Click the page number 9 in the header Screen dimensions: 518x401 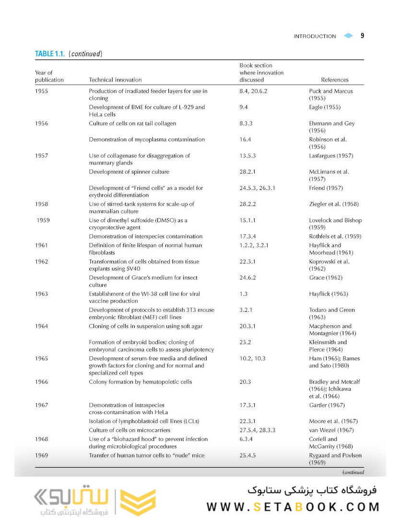point(362,35)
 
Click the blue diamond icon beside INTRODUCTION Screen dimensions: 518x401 point(348,36)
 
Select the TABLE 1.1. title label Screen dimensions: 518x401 point(50,54)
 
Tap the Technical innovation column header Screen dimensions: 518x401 point(115,80)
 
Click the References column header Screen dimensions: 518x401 point(335,80)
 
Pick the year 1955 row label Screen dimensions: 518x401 point(42,91)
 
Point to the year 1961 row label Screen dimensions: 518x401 point(42,246)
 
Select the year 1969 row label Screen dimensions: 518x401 point(42,455)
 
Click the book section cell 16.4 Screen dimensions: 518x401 point(246,140)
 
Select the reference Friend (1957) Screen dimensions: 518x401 point(326,188)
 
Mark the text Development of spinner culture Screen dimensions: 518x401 point(129,172)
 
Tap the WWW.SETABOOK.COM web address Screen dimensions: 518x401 point(293,507)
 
